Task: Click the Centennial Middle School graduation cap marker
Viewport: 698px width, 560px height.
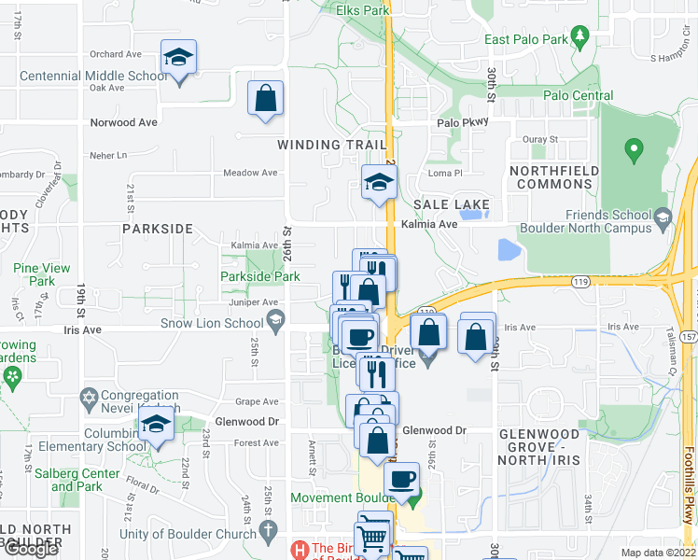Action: (178, 58)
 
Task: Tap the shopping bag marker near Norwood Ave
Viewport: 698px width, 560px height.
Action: (266, 97)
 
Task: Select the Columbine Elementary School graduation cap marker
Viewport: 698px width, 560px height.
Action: (158, 427)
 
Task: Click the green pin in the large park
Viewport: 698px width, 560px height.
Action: (635, 148)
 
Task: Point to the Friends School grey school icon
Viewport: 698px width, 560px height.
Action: (663, 218)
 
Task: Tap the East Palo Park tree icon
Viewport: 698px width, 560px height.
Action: (580, 36)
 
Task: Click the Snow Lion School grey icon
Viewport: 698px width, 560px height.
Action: (275, 323)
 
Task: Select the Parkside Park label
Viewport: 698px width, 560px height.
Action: (260, 276)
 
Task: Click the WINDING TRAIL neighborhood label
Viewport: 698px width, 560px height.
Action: (332, 145)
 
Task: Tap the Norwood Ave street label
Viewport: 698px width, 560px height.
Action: (124, 122)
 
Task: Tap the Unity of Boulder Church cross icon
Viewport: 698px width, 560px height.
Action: (268, 532)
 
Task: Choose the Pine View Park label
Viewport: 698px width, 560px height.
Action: (42, 274)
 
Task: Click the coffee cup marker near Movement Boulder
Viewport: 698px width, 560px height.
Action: (402, 480)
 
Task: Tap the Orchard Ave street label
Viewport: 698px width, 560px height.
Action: (116, 54)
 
